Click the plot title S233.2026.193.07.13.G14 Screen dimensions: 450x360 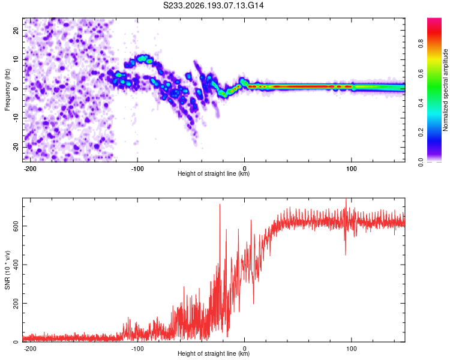[x=213, y=5]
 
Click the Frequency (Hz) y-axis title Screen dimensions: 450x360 [x=7, y=90]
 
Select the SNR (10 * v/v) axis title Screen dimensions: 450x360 [x=7, y=270]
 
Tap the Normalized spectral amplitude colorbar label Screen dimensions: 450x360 [x=445, y=90]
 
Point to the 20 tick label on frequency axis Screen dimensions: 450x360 [x=16, y=31]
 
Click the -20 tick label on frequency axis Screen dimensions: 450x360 [x=16, y=147]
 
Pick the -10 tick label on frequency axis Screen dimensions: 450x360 [x=16, y=118]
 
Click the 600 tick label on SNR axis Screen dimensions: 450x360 [x=16, y=226]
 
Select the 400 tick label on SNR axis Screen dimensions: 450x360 [x=16, y=265]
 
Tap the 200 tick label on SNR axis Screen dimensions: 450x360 [x=16, y=303]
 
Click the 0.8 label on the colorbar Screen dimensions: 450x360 [x=421, y=43]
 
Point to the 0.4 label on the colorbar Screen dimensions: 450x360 [x=421, y=103]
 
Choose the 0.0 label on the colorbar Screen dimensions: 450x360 [x=421, y=162]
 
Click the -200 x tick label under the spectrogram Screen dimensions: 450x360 [x=29, y=169]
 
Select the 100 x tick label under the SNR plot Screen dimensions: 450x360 [x=351, y=349]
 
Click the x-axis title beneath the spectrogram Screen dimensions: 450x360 [x=214, y=173]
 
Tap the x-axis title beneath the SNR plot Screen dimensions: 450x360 [x=214, y=353]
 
